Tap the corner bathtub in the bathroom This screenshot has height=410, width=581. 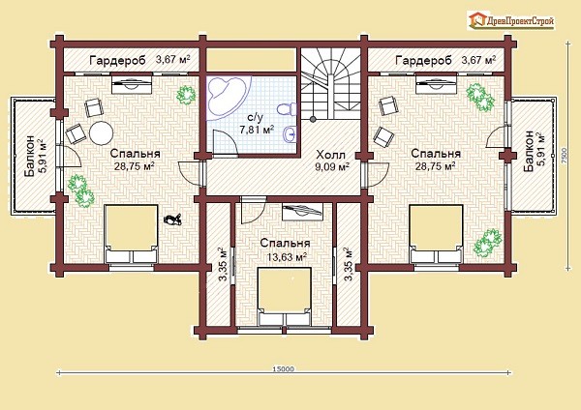pyautogui.click(x=225, y=95)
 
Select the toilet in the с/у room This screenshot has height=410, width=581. pyautogui.click(x=287, y=109)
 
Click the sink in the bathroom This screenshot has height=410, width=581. pyautogui.click(x=290, y=134)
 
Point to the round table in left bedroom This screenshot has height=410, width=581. pyautogui.click(x=101, y=133)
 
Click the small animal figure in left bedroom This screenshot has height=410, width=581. pyautogui.click(x=172, y=220)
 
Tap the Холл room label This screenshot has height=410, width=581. pyautogui.click(x=330, y=155)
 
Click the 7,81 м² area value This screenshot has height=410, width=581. pyautogui.click(x=257, y=130)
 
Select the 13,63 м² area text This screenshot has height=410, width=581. pyautogui.click(x=287, y=256)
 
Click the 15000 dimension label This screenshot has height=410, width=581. pyautogui.click(x=283, y=368)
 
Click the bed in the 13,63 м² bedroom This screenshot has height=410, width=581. pyautogui.click(x=284, y=297)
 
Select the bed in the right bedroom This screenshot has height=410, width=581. pyautogui.click(x=436, y=234)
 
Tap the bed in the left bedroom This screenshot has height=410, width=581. pyautogui.click(x=131, y=234)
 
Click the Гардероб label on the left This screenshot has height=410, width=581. pyautogui.click(x=117, y=60)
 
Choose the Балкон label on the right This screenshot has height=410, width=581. pyautogui.click(x=529, y=151)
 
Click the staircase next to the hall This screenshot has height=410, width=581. pyautogui.click(x=330, y=83)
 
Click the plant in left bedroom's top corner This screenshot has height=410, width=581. pyautogui.click(x=186, y=95)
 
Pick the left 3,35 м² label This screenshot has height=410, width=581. pyautogui.click(x=223, y=264)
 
